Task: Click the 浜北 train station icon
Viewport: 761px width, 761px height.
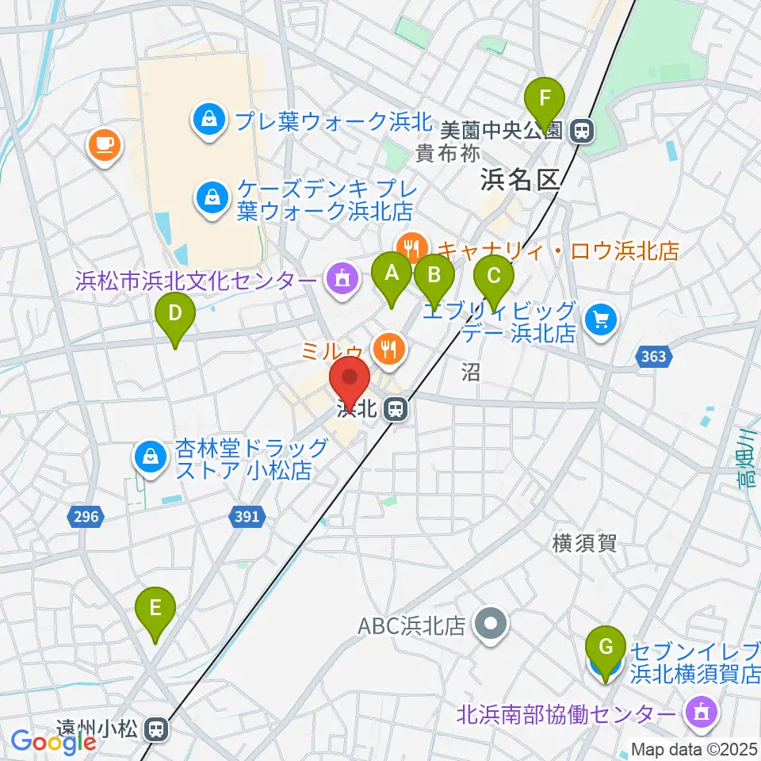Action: coord(393,410)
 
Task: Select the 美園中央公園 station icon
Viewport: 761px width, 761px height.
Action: coord(582,130)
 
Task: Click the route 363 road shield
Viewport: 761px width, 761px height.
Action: coord(654,358)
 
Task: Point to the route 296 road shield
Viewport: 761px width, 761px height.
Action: coord(86,517)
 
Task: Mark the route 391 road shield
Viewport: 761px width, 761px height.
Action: coord(247,517)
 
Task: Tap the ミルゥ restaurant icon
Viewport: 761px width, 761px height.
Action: coord(388,346)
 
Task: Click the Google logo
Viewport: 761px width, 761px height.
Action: coord(53,741)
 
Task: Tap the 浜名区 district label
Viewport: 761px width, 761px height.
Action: coord(520,182)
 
